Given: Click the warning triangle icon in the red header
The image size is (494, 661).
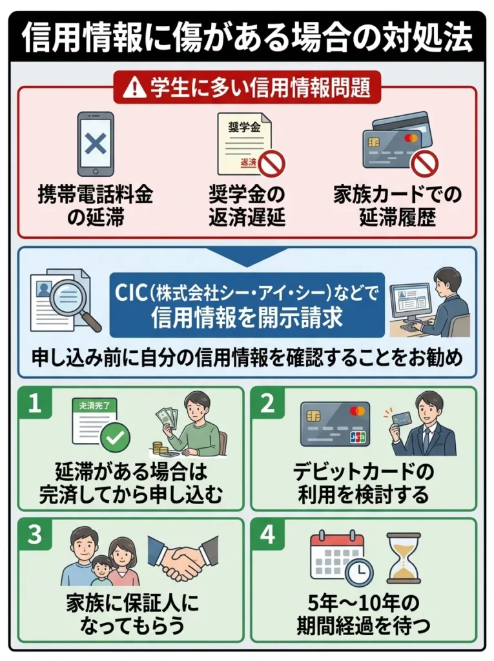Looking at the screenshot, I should [136, 88].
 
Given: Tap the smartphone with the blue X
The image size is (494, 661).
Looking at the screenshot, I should [96, 143].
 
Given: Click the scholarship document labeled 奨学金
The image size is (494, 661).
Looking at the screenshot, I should [243, 143].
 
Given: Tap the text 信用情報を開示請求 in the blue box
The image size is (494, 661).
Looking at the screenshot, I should [247, 318].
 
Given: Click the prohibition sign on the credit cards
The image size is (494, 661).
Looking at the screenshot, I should [424, 163].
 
